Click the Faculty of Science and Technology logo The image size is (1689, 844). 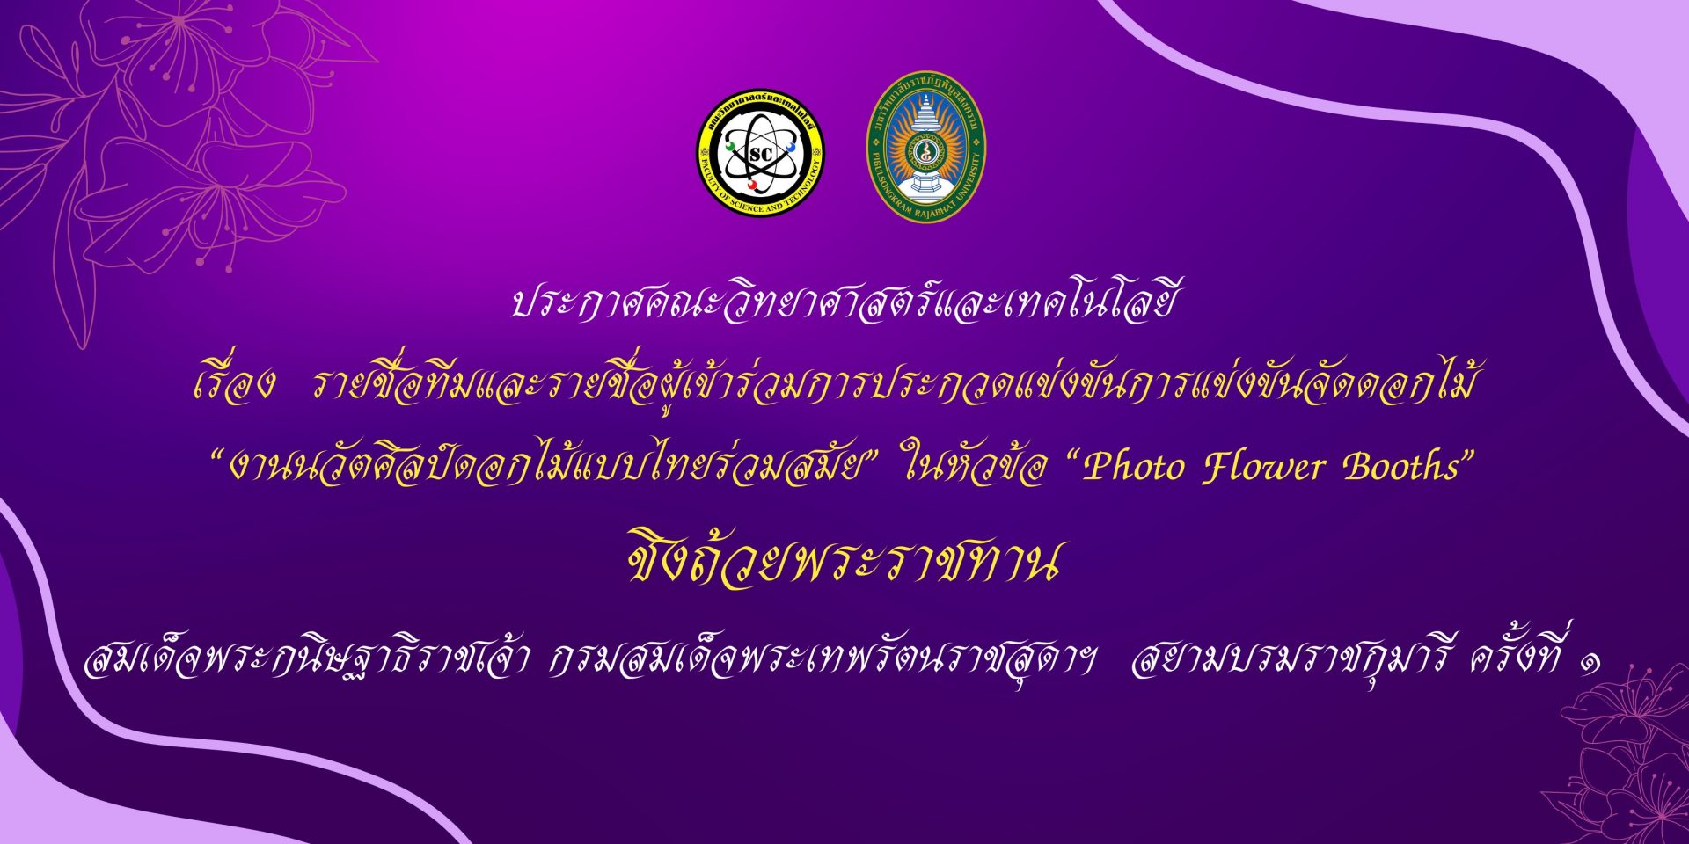coord(761,152)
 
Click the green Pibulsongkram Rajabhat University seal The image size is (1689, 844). coord(925,146)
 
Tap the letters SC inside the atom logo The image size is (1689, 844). coord(761,155)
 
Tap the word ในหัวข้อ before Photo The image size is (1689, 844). coord(975,466)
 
